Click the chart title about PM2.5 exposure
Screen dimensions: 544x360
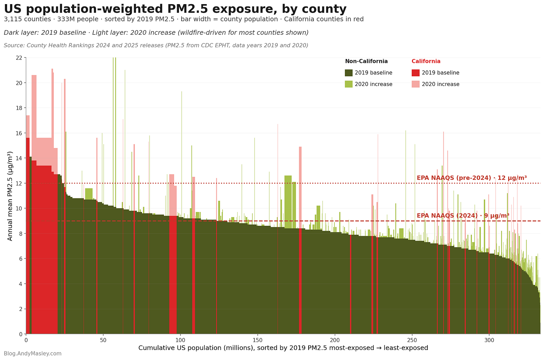pos(175,9)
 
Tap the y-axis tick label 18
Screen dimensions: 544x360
pos(19,108)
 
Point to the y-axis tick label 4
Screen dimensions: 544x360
pos(21,284)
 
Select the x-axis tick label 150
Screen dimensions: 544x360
pos(257,340)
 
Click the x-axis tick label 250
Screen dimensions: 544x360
pos(412,340)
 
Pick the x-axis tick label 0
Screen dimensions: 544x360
pos(26,340)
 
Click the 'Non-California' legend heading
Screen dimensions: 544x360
pos(366,61)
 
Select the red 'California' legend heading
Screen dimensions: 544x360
pos(426,61)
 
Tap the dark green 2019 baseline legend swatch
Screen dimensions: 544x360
pos(349,73)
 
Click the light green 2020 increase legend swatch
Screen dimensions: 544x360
pos(349,84)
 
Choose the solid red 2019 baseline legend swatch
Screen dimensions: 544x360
pos(415,73)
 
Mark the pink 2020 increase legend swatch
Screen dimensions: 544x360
pos(415,84)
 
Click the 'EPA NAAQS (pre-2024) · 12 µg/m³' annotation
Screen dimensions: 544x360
pos(472,178)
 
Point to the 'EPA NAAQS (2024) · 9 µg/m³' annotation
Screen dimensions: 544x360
pos(463,215)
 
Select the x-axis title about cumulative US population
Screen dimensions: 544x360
pos(283,348)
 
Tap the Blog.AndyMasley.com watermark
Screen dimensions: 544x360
pos(33,354)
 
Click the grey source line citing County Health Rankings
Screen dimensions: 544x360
pos(156,46)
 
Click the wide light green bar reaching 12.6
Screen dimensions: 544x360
pos(288,202)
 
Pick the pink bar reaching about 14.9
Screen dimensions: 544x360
pos(300,188)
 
